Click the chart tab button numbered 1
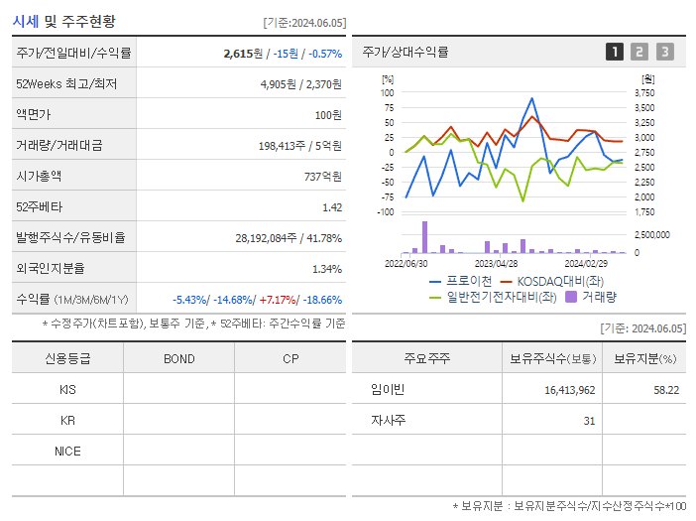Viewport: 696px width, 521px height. coord(615,52)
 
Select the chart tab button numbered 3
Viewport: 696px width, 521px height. coord(664,52)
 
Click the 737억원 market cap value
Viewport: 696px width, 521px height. coord(322,176)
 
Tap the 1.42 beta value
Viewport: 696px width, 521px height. coord(332,206)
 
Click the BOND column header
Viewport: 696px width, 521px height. coord(178,358)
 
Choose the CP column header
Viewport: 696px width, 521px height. coord(290,358)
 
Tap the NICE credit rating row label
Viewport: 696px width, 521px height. coord(67,451)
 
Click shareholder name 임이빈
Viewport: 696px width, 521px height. coord(387,389)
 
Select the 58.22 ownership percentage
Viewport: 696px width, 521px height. coord(666,390)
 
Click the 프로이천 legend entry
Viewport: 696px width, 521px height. coord(460,281)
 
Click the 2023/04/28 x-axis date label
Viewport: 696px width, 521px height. coord(496,263)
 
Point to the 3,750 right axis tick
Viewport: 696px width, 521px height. coord(643,92)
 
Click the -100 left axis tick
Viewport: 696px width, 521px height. coord(385,211)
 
